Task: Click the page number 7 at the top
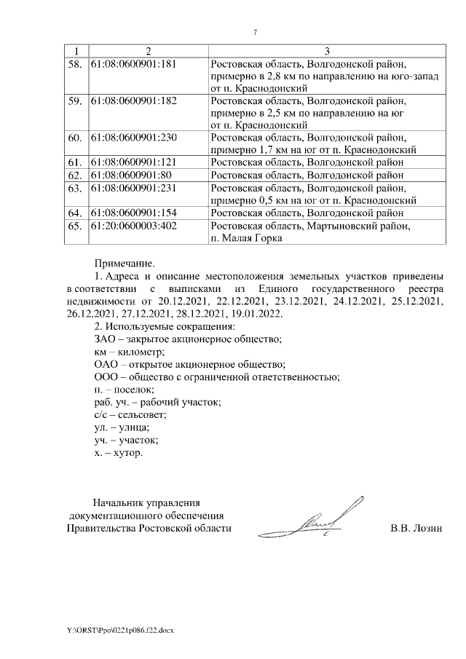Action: coord(255,32)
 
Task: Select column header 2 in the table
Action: coord(148,50)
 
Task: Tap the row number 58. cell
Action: coord(74,63)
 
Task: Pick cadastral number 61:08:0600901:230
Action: coord(133,138)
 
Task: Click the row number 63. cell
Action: coord(74,187)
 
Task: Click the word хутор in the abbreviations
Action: coord(128,452)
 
